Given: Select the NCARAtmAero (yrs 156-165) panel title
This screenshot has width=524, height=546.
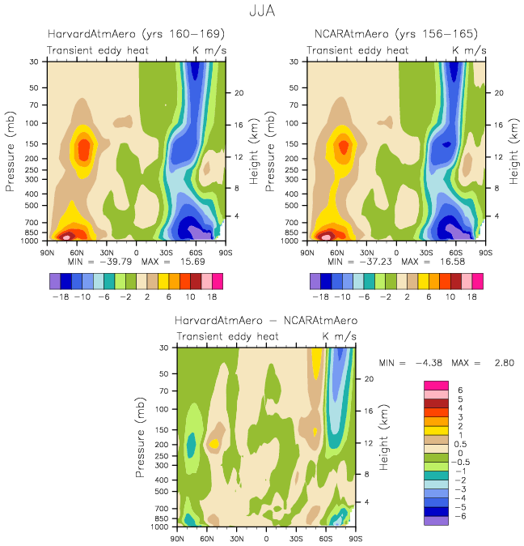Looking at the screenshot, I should pyautogui.click(x=396, y=35).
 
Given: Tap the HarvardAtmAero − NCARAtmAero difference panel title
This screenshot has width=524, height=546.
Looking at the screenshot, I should pyautogui.click(x=266, y=321).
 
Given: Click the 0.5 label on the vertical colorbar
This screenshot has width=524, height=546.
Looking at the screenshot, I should pyautogui.click(x=460, y=443).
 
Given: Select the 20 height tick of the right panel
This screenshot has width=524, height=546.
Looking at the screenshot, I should pyautogui.click(x=500, y=92).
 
